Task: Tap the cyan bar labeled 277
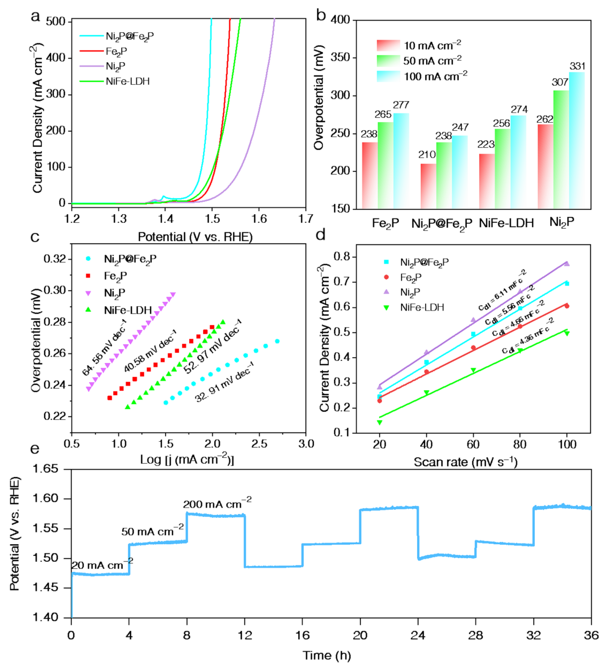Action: (x=401, y=161)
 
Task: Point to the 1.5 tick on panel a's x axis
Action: (x=212, y=219)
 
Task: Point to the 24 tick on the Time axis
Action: (x=418, y=635)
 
